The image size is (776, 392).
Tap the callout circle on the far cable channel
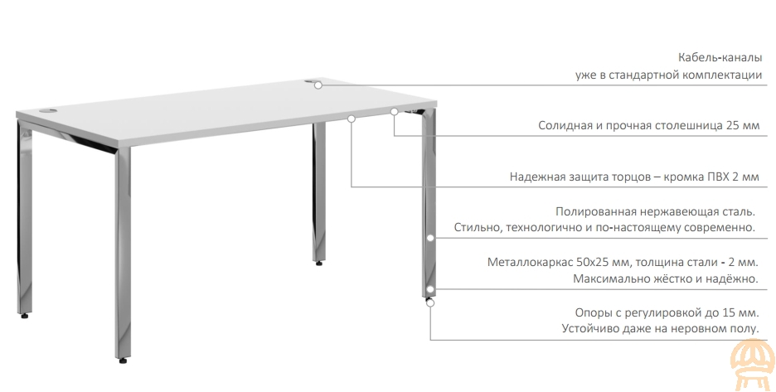point(318,85)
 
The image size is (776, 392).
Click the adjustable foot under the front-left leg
point(123,361)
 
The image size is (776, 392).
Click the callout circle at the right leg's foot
point(430,302)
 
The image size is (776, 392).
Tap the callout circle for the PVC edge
point(352,119)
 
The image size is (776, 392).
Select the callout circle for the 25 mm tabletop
point(394,112)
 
